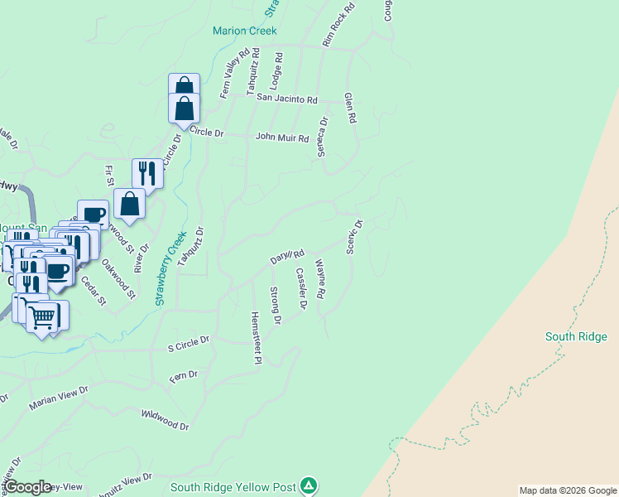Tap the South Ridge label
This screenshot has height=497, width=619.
(576, 336)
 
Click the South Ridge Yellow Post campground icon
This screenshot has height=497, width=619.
(308, 485)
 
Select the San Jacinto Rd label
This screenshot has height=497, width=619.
(286, 99)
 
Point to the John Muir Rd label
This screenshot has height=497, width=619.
(281, 138)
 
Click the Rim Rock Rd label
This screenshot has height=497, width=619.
(338, 23)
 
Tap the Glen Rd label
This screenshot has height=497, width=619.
(350, 108)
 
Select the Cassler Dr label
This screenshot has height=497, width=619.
(300, 289)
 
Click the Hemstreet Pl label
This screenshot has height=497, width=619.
(257, 338)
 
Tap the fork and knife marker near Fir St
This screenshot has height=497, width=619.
(147, 173)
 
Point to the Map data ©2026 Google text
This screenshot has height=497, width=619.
(567, 490)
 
